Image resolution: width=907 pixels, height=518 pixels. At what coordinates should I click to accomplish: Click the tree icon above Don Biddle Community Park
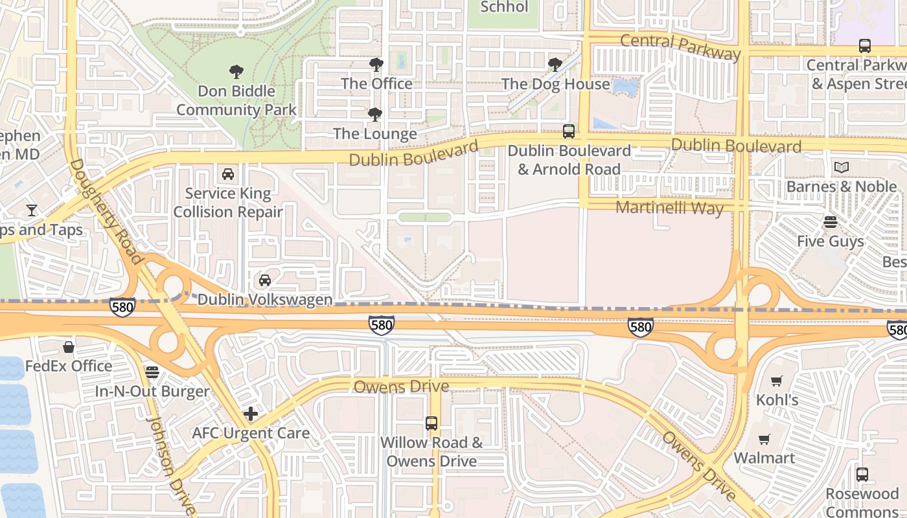click(236, 72)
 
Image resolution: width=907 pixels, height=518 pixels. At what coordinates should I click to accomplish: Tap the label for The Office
click(376, 84)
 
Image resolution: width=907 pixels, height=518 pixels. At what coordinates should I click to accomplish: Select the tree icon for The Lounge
click(374, 115)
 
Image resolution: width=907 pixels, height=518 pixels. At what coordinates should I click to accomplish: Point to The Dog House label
click(555, 84)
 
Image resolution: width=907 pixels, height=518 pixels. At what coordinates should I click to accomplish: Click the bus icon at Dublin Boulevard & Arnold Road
click(569, 131)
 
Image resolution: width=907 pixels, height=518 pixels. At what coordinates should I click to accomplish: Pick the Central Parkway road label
click(680, 47)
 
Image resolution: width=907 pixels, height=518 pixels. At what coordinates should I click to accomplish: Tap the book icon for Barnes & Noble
click(842, 168)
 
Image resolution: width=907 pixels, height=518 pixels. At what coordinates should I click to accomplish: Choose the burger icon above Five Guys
click(831, 222)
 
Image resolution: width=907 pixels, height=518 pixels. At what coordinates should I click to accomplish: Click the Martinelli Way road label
click(669, 208)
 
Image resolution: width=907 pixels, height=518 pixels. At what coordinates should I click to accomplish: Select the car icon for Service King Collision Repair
click(228, 174)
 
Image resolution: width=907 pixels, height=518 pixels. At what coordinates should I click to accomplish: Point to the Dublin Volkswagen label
click(264, 300)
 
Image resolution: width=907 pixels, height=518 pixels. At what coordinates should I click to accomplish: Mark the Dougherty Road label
click(106, 212)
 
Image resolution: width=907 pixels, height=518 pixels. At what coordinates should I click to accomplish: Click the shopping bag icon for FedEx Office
click(69, 348)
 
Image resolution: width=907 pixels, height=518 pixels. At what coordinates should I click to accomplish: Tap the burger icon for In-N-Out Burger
click(152, 372)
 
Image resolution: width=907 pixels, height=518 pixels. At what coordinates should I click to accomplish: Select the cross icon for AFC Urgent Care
click(251, 414)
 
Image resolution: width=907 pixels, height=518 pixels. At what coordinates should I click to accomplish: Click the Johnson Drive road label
click(170, 465)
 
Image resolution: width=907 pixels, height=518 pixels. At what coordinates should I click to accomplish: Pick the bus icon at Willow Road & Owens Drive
click(431, 423)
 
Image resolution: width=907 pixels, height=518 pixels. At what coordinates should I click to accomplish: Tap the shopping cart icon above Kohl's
click(777, 381)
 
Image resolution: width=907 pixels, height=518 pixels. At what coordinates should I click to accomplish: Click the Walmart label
click(764, 458)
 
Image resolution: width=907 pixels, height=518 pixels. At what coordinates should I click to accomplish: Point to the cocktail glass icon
click(31, 210)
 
